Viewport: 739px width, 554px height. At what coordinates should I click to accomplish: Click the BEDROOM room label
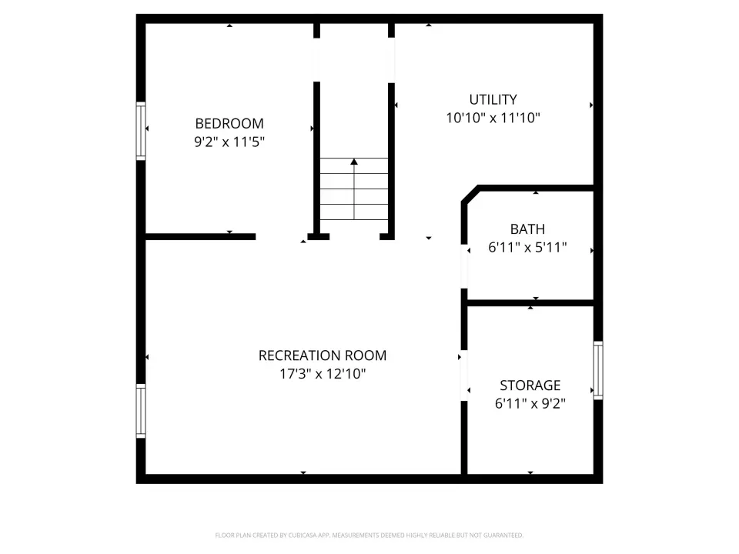[229, 123]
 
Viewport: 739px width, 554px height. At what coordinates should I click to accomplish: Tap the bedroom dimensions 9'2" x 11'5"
[229, 142]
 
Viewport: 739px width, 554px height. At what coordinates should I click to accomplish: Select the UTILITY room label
[493, 99]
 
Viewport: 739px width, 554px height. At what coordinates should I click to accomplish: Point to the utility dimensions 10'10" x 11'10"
[493, 118]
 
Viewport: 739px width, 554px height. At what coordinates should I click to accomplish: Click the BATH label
[527, 229]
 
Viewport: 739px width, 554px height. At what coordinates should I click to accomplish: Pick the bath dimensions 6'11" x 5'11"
[527, 247]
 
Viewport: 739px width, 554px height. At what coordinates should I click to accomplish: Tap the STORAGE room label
[530, 385]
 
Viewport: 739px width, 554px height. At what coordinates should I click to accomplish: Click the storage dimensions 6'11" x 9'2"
[530, 404]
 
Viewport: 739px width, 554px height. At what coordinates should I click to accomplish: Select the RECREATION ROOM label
[323, 355]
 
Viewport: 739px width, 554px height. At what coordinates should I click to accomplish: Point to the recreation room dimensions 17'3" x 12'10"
[323, 374]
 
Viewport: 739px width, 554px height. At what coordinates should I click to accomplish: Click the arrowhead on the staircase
[354, 162]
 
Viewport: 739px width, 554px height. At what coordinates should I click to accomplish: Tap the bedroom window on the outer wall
[140, 131]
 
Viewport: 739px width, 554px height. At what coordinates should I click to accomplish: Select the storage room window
[598, 370]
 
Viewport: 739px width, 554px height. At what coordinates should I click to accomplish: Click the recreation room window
[140, 411]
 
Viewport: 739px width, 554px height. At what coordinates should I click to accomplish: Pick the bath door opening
[464, 266]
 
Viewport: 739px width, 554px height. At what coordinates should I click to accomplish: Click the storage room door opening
[464, 375]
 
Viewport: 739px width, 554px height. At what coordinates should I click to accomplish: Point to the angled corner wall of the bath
[470, 194]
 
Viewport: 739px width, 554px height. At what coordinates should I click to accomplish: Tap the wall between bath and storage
[530, 303]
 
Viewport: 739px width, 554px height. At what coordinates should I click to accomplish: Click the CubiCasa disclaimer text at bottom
[369, 536]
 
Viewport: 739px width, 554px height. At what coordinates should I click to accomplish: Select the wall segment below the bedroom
[200, 236]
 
